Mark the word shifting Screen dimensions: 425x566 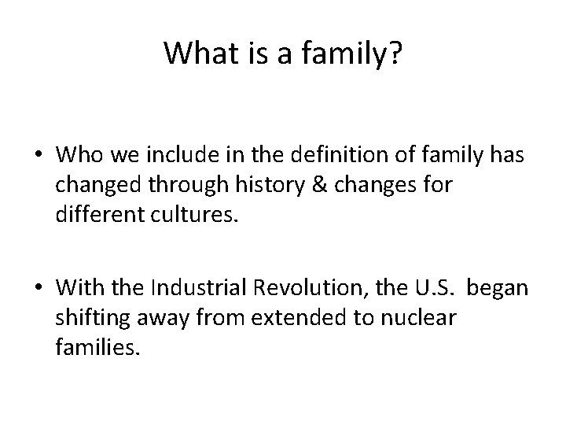[x=86, y=318]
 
